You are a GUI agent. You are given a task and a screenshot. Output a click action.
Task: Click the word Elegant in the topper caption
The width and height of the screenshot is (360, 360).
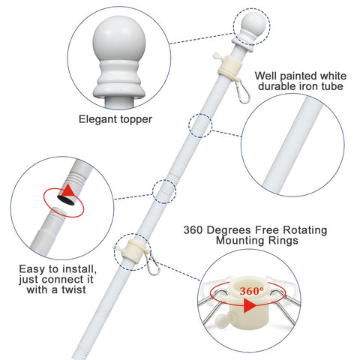point(98,119)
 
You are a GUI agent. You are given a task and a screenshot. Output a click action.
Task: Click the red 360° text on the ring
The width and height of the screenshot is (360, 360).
point(251,291)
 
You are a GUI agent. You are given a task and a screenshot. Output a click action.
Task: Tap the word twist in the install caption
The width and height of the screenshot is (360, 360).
point(74,289)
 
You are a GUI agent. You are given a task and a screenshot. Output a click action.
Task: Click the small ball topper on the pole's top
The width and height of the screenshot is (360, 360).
point(253,23)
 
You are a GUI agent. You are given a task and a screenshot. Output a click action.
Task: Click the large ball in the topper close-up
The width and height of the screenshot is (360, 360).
point(119,41)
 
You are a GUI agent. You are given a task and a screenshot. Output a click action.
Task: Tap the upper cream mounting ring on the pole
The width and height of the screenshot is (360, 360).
point(230,67)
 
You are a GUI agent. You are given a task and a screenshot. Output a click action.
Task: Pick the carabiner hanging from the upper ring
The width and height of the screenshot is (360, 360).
point(242,91)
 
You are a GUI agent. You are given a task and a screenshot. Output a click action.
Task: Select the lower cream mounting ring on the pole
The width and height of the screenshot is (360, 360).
point(134,250)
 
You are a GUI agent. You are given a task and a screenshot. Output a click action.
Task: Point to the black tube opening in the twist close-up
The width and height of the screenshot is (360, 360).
point(66,199)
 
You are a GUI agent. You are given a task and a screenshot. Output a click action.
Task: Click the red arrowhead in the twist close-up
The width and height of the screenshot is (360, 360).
point(67,190)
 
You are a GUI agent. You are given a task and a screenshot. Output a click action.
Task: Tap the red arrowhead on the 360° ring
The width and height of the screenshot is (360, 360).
point(250,305)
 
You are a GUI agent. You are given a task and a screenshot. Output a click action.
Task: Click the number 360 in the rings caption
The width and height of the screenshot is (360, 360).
point(193,230)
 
